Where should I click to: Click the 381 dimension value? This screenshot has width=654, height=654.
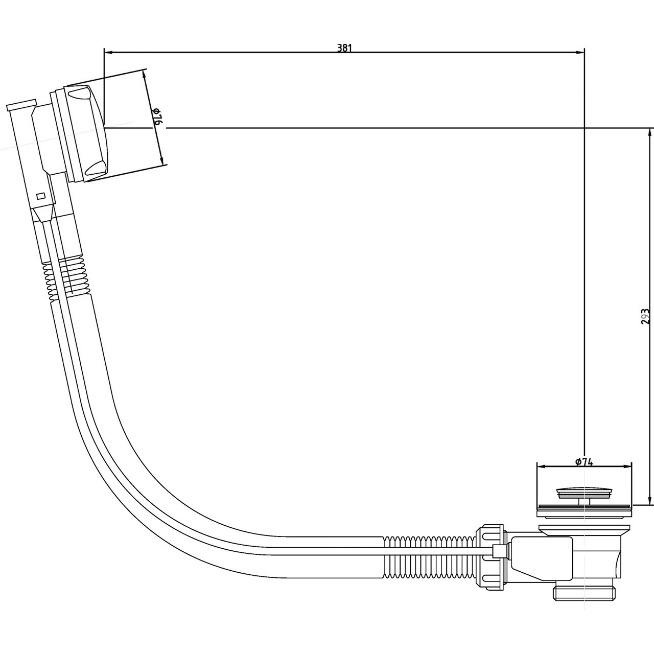click(x=344, y=48)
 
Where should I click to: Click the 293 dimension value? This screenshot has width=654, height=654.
click(x=646, y=316)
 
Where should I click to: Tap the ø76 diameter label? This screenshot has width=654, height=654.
click(x=157, y=118)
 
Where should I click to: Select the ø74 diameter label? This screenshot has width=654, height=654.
click(x=583, y=462)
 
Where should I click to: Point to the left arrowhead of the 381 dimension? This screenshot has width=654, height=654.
click(x=108, y=52)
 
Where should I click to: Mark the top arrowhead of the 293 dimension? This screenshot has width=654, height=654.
click(x=649, y=132)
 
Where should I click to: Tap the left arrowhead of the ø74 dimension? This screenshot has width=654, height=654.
click(x=540, y=466)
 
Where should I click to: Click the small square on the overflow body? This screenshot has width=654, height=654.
click(x=41, y=195)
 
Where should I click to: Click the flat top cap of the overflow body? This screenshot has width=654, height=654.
click(x=21, y=105)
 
